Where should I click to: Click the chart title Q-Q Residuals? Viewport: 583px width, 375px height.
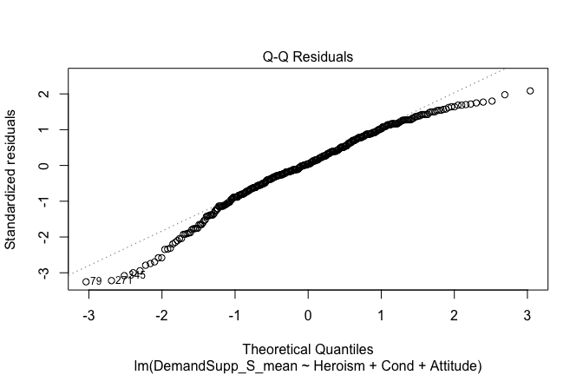pos(308,57)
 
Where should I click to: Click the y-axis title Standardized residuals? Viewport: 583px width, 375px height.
pos(12,179)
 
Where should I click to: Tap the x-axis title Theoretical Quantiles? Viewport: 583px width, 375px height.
pos(308,349)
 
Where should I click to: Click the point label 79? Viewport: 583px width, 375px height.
pos(96,281)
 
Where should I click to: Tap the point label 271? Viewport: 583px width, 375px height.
pos(124,280)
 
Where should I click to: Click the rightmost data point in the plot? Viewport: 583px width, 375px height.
pos(530,91)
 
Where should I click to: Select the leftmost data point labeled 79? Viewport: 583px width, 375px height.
pos(86,281)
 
